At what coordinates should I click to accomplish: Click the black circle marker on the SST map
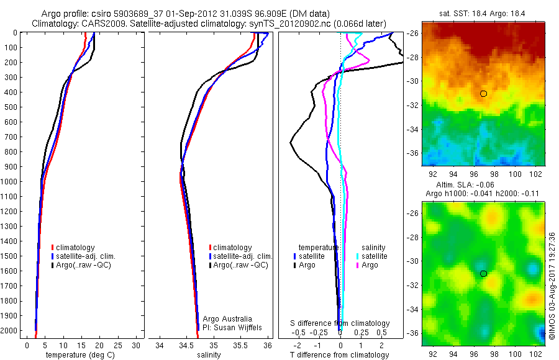pyautogui.click(x=483, y=93)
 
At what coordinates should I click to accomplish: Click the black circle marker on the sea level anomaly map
pyautogui.click(x=483, y=273)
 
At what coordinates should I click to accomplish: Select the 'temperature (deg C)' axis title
pyautogui.click(x=78, y=355)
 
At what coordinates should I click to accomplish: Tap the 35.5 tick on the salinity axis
pyautogui.click(x=240, y=345)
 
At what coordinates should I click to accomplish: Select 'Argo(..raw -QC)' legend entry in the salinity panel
pyautogui.click(x=240, y=265)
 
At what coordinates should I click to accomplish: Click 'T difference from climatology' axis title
pyautogui.click(x=340, y=355)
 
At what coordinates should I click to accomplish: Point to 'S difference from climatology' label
pyautogui.click(x=340, y=323)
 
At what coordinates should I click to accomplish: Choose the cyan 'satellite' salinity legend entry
pyautogui.click(x=371, y=256)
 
